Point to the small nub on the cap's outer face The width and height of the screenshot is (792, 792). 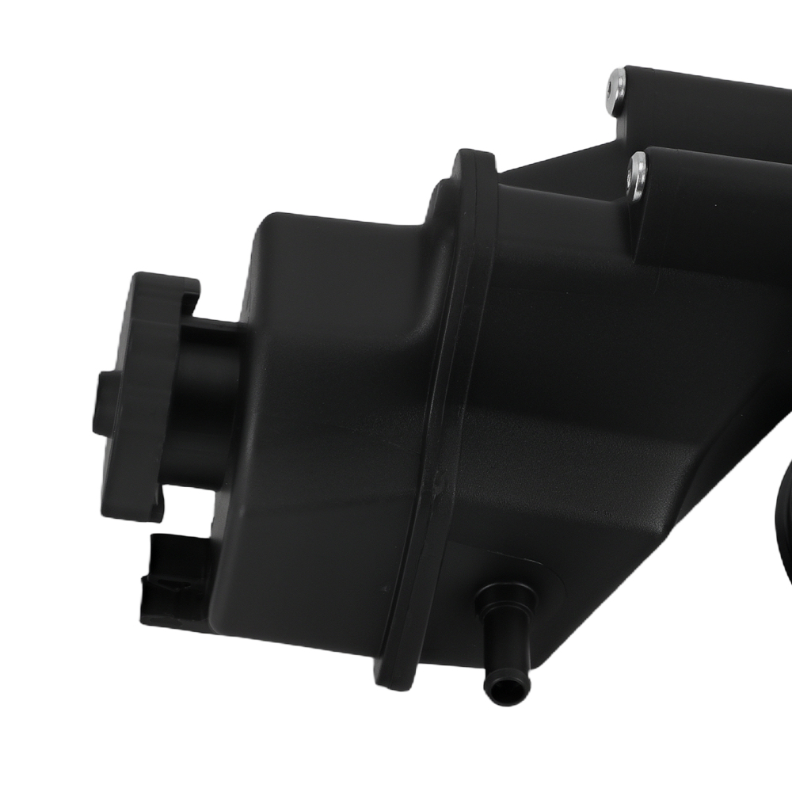pyautogui.click(x=101, y=404)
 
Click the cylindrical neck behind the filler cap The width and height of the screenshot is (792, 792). pyautogui.click(x=208, y=396)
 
